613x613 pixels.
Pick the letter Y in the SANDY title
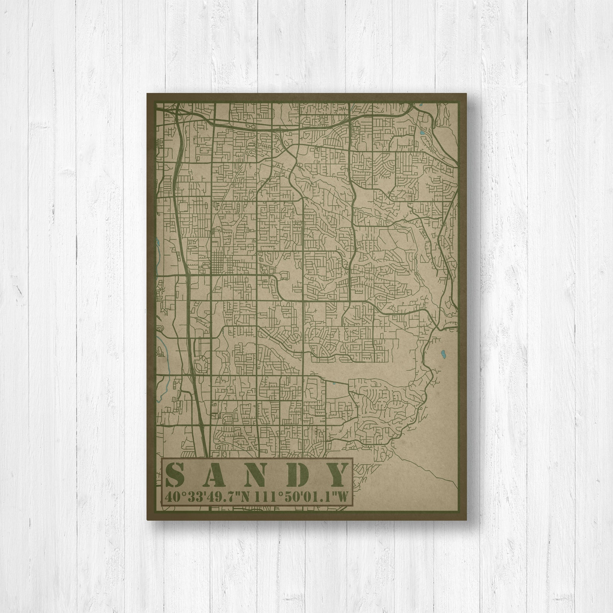click(x=336, y=475)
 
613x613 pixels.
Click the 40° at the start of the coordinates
click(x=173, y=496)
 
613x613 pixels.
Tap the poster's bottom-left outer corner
click(x=147, y=520)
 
